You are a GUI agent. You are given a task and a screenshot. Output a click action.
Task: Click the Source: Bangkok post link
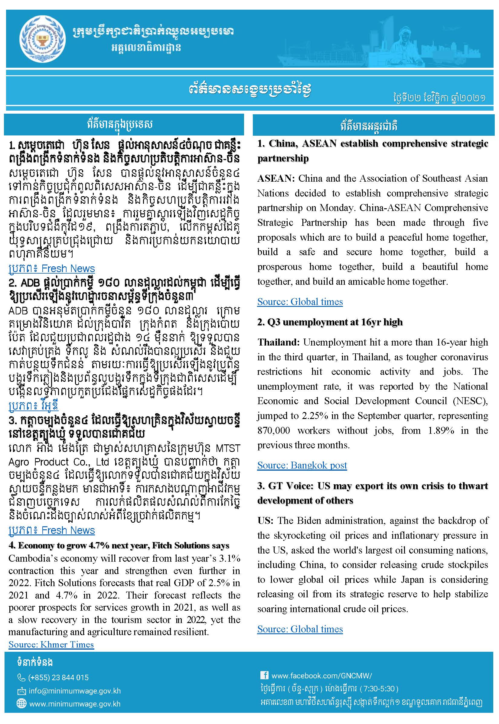pos(302,465)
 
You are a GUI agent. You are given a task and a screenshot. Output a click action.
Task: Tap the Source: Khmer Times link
pos(51,644)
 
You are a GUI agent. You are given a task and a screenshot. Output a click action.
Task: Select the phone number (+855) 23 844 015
pos(58,677)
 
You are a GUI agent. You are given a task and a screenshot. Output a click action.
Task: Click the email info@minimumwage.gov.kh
pos(74,691)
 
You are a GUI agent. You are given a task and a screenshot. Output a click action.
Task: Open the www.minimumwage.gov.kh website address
pos(75,704)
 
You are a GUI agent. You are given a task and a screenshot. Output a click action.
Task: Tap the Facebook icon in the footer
pos(264,675)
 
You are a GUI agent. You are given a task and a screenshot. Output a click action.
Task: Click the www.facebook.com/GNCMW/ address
pos(322,676)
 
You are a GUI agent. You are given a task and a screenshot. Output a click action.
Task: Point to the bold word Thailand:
pos(278,343)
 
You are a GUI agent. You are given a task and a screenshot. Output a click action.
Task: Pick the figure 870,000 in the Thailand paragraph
pos(274,430)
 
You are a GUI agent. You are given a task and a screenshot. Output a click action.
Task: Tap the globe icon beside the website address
pos(21,704)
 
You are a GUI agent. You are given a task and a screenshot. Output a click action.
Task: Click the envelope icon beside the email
pos(21,691)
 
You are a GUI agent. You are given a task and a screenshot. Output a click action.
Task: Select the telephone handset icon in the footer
pos(21,677)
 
